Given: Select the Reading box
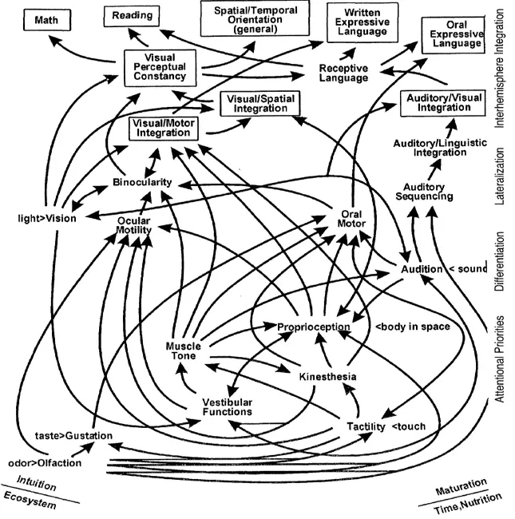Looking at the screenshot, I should [x=133, y=15].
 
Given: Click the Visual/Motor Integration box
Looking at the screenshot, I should [x=164, y=129].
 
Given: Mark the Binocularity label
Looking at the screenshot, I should [x=141, y=182].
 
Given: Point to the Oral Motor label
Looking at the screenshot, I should [x=352, y=219].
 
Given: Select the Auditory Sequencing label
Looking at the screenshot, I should [x=425, y=191].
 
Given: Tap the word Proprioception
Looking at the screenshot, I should [x=314, y=327].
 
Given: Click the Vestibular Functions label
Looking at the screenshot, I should [x=227, y=406].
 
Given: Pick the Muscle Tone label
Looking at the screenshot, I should [x=183, y=351].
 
